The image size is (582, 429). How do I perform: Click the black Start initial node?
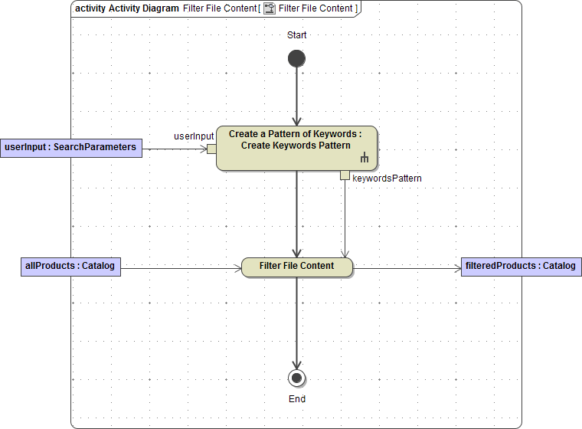click(x=296, y=58)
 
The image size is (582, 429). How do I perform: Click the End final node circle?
click(x=296, y=378)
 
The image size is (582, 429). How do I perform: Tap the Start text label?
click(x=296, y=35)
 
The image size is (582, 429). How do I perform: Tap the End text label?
click(x=297, y=399)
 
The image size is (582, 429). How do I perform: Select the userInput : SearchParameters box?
click(x=71, y=147)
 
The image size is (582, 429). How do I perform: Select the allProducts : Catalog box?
click(x=70, y=267)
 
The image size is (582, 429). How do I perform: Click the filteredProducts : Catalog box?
click(x=520, y=267)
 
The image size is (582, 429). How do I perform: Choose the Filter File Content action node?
click(x=296, y=267)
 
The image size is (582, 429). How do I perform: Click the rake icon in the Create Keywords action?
click(x=365, y=159)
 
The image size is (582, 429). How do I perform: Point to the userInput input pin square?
click(x=211, y=149)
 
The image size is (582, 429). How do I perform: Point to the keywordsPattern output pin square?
click(x=345, y=175)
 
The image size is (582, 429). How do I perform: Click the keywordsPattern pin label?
click(x=387, y=178)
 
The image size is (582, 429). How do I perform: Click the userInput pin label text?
click(x=194, y=136)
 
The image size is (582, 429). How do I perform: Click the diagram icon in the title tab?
click(x=270, y=8)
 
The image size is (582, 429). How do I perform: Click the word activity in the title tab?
click(x=90, y=8)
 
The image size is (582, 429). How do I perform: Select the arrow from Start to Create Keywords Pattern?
click(x=296, y=96)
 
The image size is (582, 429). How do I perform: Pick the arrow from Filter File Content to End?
click(x=296, y=322)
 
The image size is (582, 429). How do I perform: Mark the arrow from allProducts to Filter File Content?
click(x=181, y=267)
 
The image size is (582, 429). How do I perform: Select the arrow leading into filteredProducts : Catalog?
click(x=406, y=267)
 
